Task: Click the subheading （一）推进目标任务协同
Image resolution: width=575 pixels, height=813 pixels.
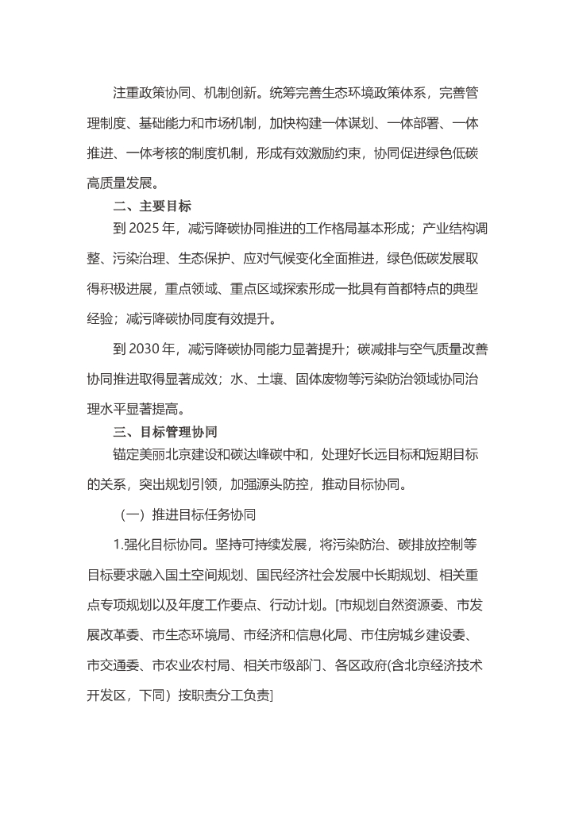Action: [x=188, y=514]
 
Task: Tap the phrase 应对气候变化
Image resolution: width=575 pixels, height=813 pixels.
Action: [x=306, y=259]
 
